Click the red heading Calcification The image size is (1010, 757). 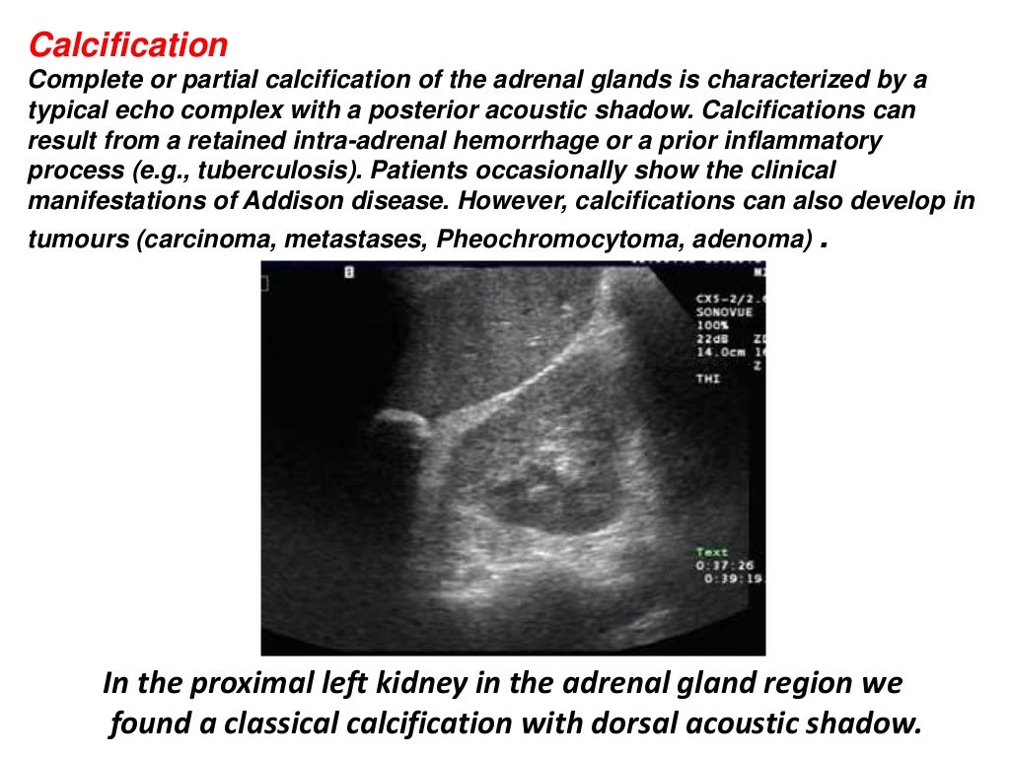pos(128,44)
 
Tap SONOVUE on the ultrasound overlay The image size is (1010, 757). pos(724,311)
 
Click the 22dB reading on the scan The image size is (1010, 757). pos(712,337)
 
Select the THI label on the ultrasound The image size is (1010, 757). pos(707,377)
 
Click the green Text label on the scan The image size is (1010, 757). pos(711,553)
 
